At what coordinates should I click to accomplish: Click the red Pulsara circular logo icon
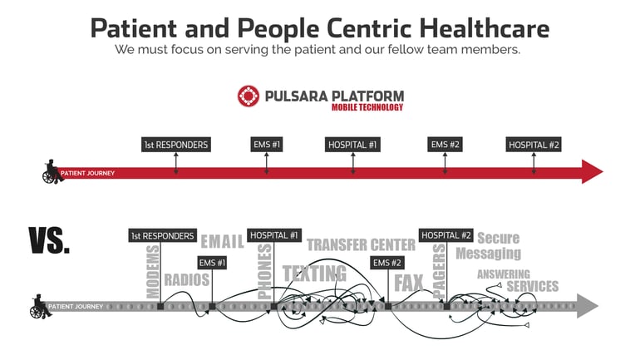[x=249, y=97]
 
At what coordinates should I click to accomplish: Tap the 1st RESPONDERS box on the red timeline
[x=175, y=145]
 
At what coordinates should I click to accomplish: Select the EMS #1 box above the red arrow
[x=267, y=145]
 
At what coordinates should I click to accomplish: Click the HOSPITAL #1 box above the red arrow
[x=352, y=145]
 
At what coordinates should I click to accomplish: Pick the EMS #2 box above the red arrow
[x=445, y=145]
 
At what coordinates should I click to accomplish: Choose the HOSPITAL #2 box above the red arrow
[x=534, y=145]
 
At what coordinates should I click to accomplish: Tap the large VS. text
[x=50, y=239]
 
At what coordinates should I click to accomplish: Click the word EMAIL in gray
[x=222, y=242]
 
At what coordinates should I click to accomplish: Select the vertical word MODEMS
[x=153, y=272]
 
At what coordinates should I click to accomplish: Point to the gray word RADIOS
[x=187, y=280]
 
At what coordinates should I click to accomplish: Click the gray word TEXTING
[x=314, y=274]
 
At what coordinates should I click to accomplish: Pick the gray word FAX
[x=409, y=283]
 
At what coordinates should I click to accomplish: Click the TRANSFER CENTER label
[x=361, y=244]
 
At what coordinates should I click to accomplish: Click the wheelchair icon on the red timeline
[x=52, y=172]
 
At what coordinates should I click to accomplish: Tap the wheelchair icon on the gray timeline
[x=39, y=306]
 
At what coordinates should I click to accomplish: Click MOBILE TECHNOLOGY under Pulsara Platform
[x=367, y=107]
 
